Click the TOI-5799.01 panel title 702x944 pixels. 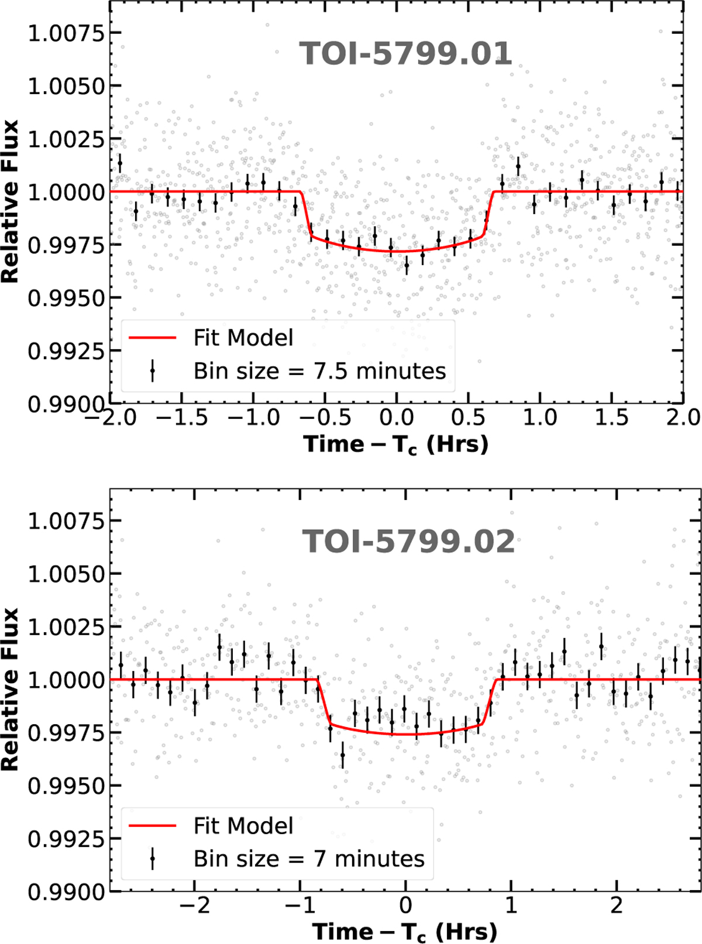click(x=405, y=54)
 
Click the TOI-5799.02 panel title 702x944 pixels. click(x=408, y=542)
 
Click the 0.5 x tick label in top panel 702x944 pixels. click(x=468, y=418)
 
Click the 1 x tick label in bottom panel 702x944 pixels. click(x=511, y=905)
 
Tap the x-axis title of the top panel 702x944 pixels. click(x=396, y=445)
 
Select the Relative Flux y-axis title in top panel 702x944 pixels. click(x=11, y=202)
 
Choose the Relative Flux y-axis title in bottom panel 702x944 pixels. click(x=11, y=690)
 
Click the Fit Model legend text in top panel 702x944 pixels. click(x=243, y=338)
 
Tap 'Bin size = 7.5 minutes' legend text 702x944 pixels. click(x=319, y=371)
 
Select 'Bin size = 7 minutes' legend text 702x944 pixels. click(x=309, y=859)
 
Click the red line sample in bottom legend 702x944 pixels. click(x=152, y=826)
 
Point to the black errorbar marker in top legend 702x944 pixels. click(x=153, y=371)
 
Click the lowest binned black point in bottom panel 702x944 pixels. click(x=343, y=756)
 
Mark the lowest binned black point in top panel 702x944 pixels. click(x=407, y=265)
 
